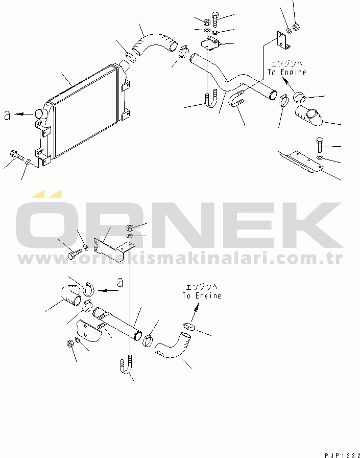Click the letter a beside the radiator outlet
click(x=7, y=115)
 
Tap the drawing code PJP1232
click(x=342, y=455)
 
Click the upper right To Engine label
click(x=287, y=72)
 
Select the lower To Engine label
click(x=202, y=295)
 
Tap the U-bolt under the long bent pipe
click(x=211, y=99)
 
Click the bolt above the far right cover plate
click(x=320, y=145)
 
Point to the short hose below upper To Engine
click(x=309, y=116)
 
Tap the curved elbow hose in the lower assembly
click(x=173, y=345)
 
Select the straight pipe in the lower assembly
click(x=117, y=323)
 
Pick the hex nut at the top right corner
click(x=296, y=27)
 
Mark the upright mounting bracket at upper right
click(x=282, y=40)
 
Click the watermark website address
click(x=180, y=258)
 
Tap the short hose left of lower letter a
click(x=71, y=294)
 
